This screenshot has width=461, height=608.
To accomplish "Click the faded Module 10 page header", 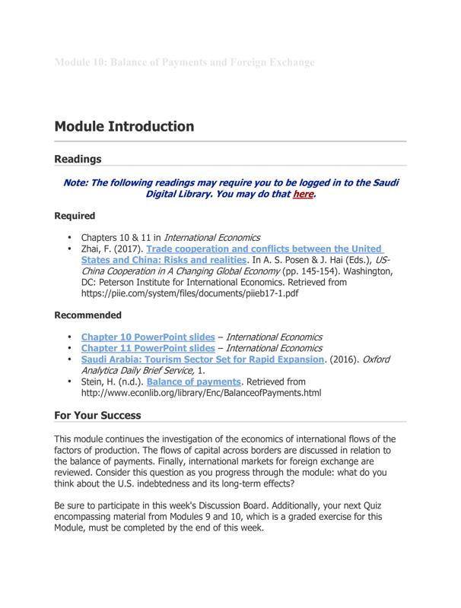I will (x=184, y=62).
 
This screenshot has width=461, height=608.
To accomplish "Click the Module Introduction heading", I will (x=124, y=126).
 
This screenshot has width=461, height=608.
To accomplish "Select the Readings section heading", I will (x=78, y=160).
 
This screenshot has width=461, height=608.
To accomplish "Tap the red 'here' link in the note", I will (x=303, y=195).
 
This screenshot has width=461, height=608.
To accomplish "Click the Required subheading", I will (x=75, y=216).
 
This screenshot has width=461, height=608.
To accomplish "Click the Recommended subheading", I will (x=87, y=315).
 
